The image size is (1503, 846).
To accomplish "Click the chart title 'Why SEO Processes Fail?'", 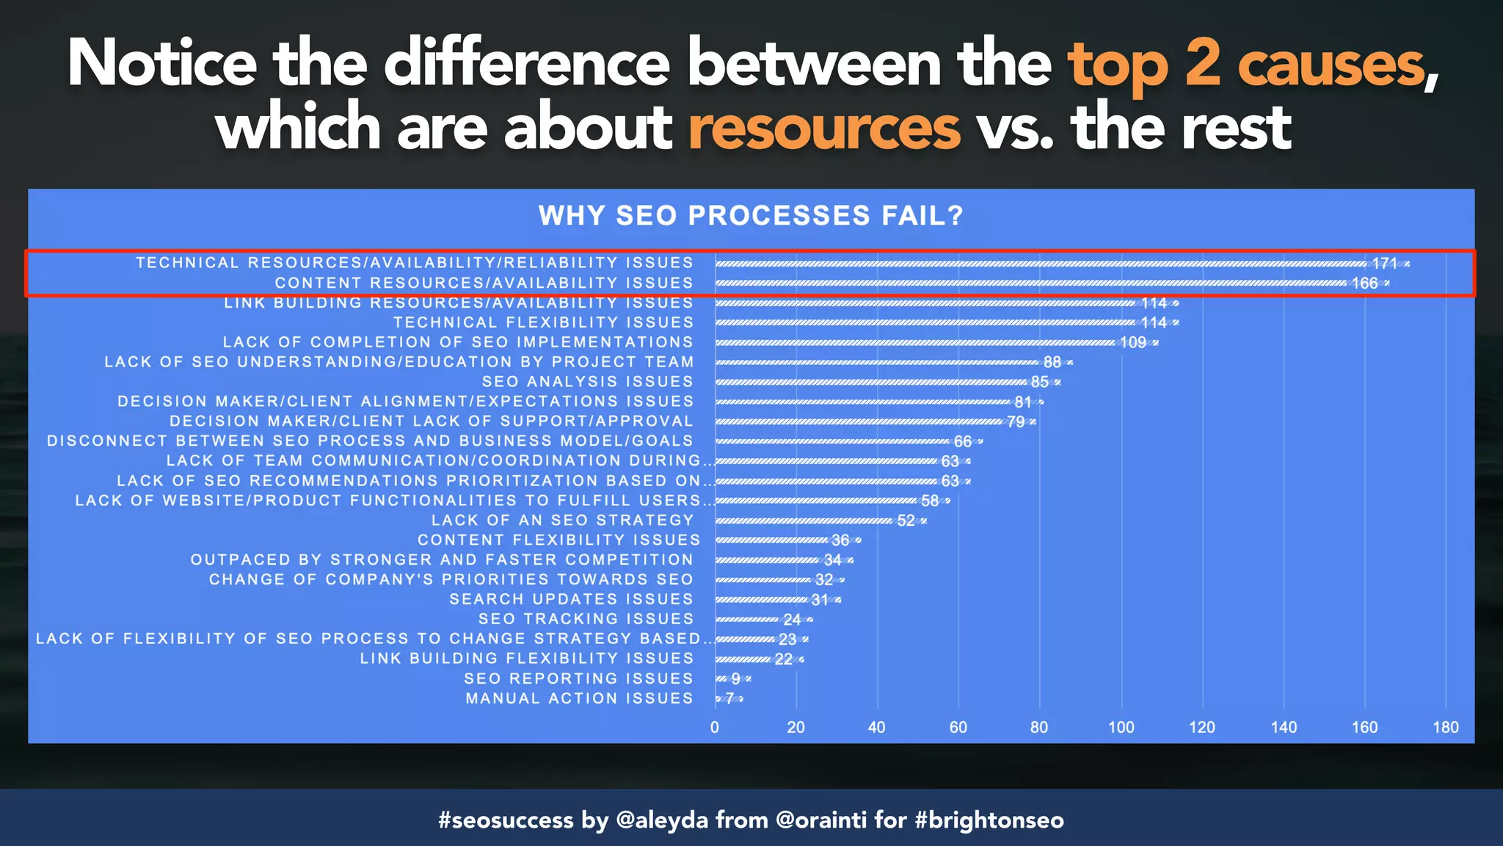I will coord(750,216).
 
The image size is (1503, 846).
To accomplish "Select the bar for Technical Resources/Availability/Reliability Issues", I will coord(1042,264).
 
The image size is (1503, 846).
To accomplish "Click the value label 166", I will coord(1364,283).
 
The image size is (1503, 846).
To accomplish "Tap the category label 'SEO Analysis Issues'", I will coord(587,382).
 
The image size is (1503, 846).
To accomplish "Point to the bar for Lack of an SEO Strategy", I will coord(804,521).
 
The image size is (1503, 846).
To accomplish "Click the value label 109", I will coord(1132,343).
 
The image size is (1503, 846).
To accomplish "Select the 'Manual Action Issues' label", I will coord(579,698).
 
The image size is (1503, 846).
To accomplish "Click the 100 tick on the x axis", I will coord(1121,727).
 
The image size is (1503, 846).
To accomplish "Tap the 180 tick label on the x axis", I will coord(1445,727).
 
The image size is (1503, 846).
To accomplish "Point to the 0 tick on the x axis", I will coord(715,727).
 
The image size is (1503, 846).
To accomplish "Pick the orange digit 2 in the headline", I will coord(1202,65).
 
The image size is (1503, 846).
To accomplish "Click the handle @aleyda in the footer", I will coord(662,820).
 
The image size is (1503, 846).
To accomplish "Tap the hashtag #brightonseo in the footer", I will coord(989,820).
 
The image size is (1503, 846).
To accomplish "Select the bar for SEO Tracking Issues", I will coord(747,620).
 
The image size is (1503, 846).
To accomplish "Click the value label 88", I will coord(1052,362).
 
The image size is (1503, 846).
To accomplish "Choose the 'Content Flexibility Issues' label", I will coord(558,540).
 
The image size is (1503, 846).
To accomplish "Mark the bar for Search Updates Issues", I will coord(762,600).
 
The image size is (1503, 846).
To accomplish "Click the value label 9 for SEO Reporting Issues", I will coord(735,679).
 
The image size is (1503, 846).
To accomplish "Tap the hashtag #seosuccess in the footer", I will coord(506,820).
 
